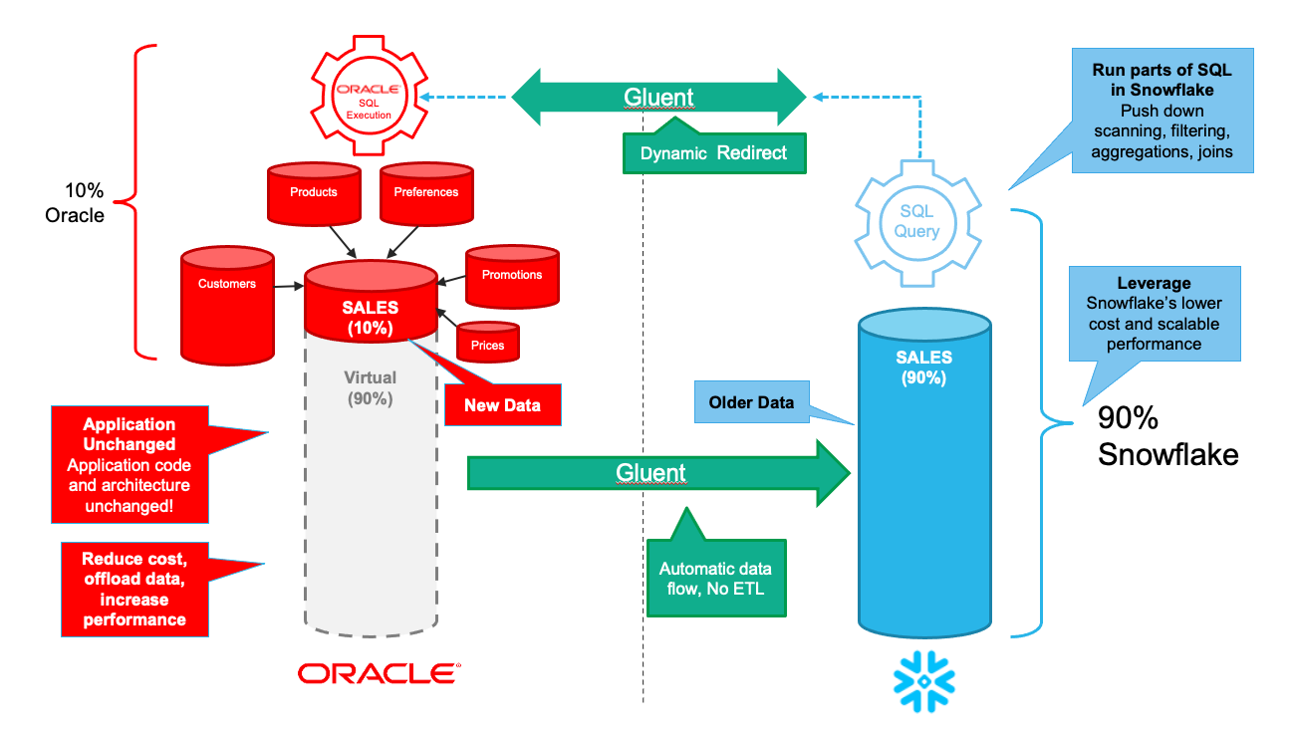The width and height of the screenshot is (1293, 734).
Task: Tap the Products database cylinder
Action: (314, 192)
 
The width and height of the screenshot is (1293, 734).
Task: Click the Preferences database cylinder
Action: (425, 192)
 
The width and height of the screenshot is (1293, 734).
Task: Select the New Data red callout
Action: (503, 405)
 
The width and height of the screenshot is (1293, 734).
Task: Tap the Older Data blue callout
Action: (750, 403)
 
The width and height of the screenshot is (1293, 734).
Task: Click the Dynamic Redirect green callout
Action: (712, 153)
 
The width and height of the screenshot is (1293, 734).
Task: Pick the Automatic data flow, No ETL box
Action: (714, 579)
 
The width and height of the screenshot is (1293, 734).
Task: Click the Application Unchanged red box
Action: (129, 464)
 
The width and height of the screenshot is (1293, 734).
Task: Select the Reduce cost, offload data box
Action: (133, 590)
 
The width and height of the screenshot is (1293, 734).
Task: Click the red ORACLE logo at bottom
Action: (379, 674)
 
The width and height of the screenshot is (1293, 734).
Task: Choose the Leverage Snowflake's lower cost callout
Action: (1153, 313)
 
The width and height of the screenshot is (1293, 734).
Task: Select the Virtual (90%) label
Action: (370, 388)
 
